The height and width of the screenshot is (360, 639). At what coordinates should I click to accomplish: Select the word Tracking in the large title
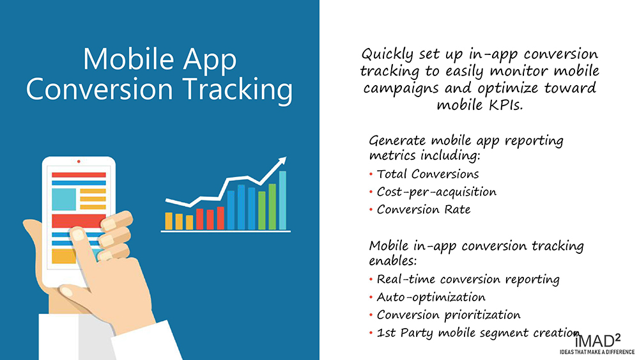[x=237, y=90]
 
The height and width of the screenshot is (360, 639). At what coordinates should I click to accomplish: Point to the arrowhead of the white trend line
[x=282, y=161]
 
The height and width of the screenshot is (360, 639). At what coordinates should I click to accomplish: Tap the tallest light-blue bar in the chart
[x=282, y=200]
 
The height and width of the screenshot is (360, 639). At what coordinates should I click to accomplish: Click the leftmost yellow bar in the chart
[x=169, y=221]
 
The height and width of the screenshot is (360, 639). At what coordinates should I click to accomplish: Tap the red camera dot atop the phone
[x=79, y=161]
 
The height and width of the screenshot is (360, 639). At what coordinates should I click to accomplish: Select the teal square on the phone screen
[x=63, y=200]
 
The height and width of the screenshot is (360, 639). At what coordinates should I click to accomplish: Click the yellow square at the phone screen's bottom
[x=63, y=256]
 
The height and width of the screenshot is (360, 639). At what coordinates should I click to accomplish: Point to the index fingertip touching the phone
[x=77, y=234]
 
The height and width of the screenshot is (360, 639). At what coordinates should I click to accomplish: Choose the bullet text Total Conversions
[x=427, y=174]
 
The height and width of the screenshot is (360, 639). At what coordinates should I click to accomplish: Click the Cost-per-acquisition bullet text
[x=436, y=192]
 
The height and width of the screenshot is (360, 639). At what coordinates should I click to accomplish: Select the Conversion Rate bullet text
[x=424, y=210]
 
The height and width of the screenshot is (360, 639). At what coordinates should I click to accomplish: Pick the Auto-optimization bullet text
[x=431, y=297]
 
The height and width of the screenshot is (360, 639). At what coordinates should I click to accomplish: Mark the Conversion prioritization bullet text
[x=449, y=315]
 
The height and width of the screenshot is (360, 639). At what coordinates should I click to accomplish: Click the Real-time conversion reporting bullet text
[x=468, y=279]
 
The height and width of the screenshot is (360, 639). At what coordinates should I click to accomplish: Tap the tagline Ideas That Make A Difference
[x=597, y=352]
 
